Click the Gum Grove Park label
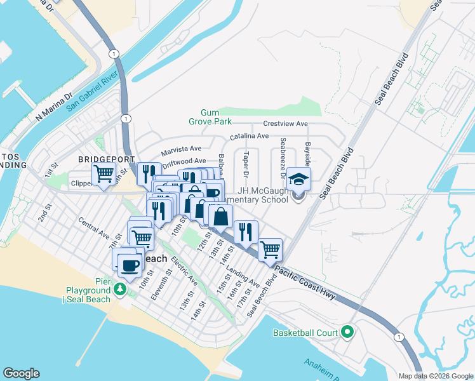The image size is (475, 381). pyautogui.click(x=210, y=117)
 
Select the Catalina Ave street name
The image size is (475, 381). pyautogui.click(x=249, y=136)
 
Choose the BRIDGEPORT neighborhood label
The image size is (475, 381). pyautogui.click(x=107, y=159)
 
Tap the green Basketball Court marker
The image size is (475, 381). pyautogui.click(x=347, y=332)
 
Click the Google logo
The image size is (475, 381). pyautogui.click(x=21, y=373)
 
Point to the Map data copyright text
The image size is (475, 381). pyautogui.click(x=436, y=375)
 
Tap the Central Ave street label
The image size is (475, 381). pyautogui.click(x=94, y=227)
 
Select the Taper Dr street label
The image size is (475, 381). pyautogui.click(x=246, y=164)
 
